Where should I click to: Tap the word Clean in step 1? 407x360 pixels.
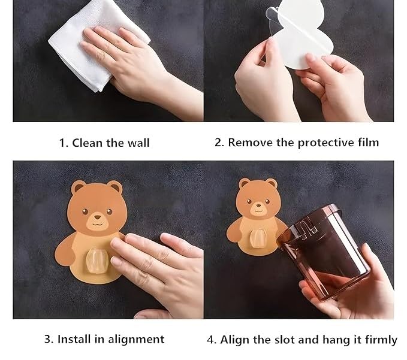pos(87,143)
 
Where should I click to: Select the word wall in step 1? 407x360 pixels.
pos(138,143)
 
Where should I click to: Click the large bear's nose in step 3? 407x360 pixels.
pos(97,217)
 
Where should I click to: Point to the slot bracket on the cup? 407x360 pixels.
pos(307,227)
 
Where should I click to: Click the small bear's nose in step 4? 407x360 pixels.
pos(258,205)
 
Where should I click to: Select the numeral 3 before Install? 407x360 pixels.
pos(49,339)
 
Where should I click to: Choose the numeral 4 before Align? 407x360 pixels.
pos(212,340)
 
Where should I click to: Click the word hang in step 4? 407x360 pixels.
pos(334,340)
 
